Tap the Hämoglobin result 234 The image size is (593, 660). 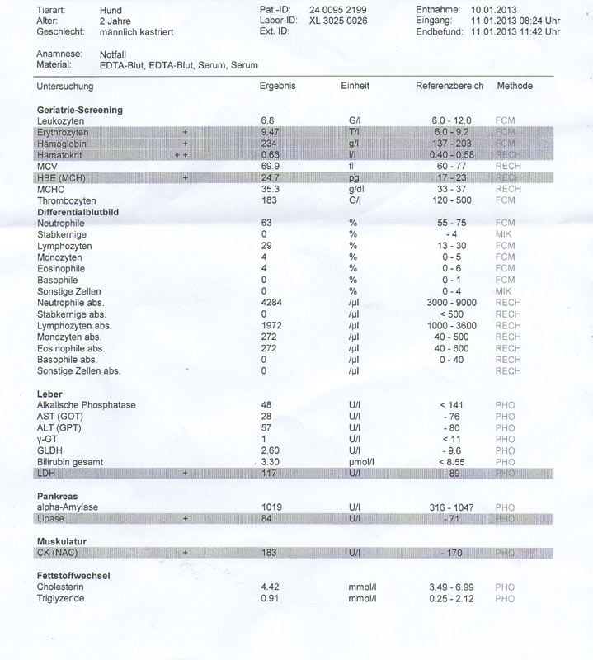pyautogui.click(x=268, y=144)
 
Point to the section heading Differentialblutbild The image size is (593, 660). pyautogui.click(x=79, y=212)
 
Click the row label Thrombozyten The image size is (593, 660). pyautogui.click(x=67, y=200)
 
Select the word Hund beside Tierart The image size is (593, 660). pyautogui.click(x=99, y=10)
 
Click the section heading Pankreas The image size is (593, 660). pyautogui.click(x=57, y=496)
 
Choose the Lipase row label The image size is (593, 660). pyautogui.click(x=52, y=519)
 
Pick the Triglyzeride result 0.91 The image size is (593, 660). pyautogui.click(x=269, y=599)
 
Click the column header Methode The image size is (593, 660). pyautogui.click(x=515, y=87)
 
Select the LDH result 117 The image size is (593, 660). pyautogui.click(x=267, y=474)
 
